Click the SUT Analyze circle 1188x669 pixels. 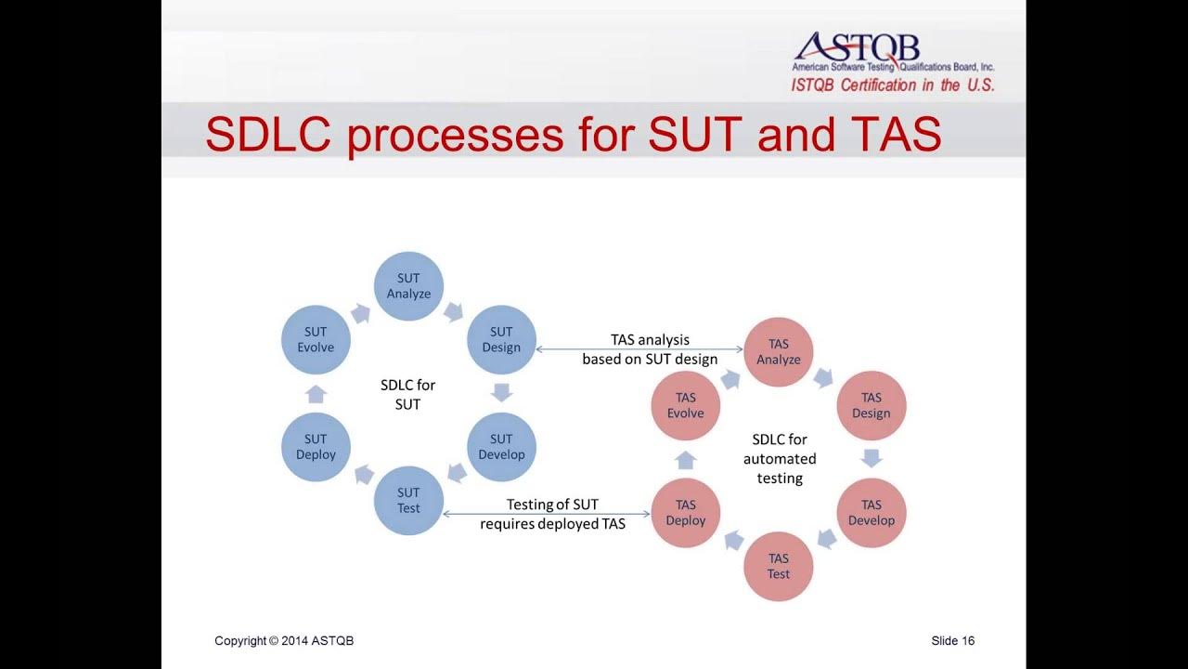[408, 286]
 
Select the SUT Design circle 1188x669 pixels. [501, 339]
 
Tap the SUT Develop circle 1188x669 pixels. [501, 447]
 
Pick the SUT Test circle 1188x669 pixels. [408, 500]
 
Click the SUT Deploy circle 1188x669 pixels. [316, 447]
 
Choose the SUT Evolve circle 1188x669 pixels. [316, 339]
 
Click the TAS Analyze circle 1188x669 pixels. [778, 351]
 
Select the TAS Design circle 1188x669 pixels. [871, 405]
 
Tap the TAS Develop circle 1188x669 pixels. [871, 512]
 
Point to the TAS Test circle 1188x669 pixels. [778, 566]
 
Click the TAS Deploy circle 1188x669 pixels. [686, 512]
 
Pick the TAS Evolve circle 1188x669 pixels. [686, 405]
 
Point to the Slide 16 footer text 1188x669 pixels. [952, 641]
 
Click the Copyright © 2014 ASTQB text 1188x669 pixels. [284, 641]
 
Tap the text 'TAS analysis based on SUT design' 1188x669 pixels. [650, 349]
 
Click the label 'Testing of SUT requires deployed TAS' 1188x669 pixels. [552, 514]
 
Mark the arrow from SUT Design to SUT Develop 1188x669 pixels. [501, 392]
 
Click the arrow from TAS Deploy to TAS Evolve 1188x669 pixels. [686, 459]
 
